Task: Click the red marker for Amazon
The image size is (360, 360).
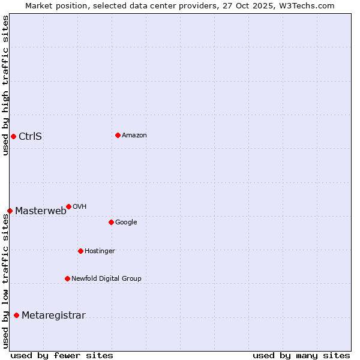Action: click(118, 135)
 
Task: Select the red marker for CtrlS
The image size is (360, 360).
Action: click(13, 136)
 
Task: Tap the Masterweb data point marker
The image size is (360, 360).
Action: click(10, 211)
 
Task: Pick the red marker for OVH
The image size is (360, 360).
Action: click(68, 206)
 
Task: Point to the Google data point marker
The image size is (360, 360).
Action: click(111, 222)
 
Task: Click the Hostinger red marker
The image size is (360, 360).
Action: click(80, 251)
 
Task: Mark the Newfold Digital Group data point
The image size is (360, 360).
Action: click(67, 278)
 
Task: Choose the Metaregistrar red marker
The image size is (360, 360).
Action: click(16, 316)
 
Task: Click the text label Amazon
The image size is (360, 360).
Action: click(134, 136)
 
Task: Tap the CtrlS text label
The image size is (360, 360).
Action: click(30, 136)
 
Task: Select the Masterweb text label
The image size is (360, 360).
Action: click(41, 211)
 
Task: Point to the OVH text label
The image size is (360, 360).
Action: click(80, 207)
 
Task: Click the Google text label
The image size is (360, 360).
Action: click(126, 223)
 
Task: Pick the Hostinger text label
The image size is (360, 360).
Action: click(100, 251)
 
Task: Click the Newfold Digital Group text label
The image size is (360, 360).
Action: click(106, 278)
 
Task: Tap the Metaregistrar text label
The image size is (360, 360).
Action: click(53, 316)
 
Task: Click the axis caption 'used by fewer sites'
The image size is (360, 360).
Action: click(62, 355)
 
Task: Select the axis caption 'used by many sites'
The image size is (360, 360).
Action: click(301, 355)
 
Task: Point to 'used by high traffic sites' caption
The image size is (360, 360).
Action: click(6, 85)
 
